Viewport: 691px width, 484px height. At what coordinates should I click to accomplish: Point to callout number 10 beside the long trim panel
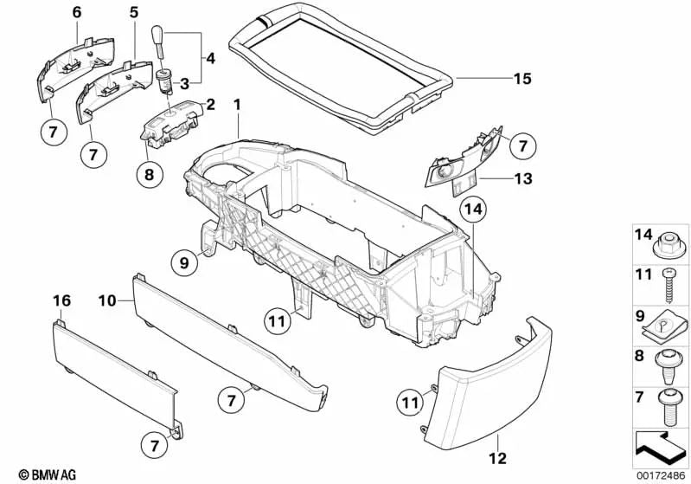click(106, 300)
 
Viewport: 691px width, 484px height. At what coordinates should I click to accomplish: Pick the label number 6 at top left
click(76, 12)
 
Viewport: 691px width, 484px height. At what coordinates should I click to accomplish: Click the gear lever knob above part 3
click(162, 39)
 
